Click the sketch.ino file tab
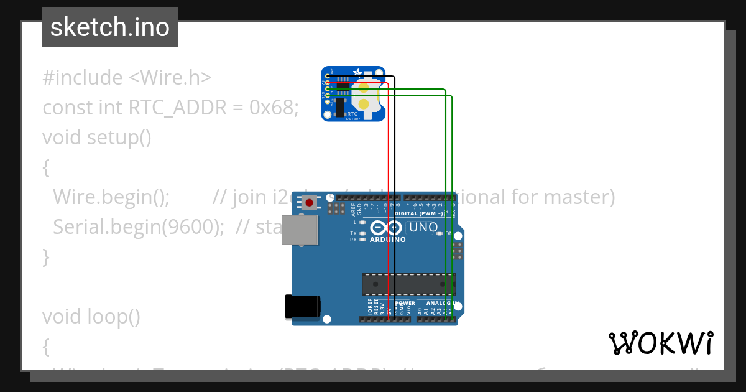(x=110, y=27)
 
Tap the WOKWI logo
(x=660, y=343)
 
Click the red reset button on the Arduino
(x=309, y=202)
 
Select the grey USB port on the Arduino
(x=298, y=230)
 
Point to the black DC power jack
(x=303, y=306)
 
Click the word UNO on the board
(x=423, y=228)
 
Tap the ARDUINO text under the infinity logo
(x=388, y=240)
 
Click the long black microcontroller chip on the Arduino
(x=408, y=284)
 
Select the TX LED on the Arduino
(x=363, y=233)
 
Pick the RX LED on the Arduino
(x=363, y=240)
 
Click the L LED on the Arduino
(x=363, y=222)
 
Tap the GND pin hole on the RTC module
(x=327, y=75)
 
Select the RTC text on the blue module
(x=352, y=114)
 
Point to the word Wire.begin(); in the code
(x=111, y=197)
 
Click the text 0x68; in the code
(x=274, y=108)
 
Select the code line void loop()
(x=91, y=317)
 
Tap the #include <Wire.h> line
(x=127, y=78)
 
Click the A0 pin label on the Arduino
(x=420, y=310)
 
